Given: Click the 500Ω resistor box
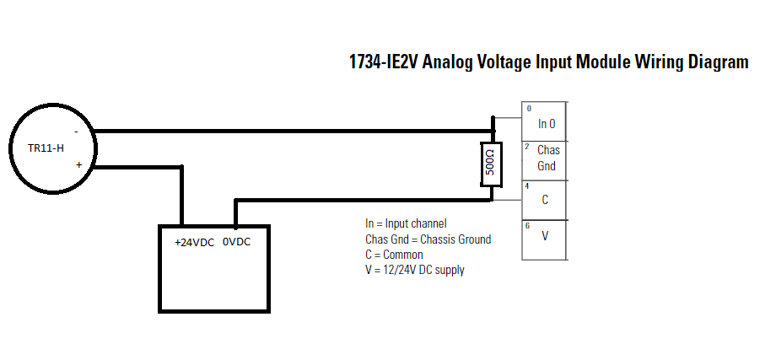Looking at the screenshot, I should pos(492,164).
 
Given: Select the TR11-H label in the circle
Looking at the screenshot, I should pos(46,148).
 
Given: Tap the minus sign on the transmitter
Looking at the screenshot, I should pos(76,132).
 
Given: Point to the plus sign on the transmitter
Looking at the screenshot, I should pos(79,166).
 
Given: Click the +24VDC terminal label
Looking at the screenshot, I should pos(194,242).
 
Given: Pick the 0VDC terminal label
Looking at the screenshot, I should pos(236,242).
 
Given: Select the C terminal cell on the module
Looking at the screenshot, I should pos(546,200).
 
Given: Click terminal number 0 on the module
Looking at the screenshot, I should pos(529,109).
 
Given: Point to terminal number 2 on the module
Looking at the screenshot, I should pos(527,147).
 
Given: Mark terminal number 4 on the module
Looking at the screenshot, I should pos(527,185).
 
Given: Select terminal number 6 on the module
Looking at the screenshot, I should pos(527,225).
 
